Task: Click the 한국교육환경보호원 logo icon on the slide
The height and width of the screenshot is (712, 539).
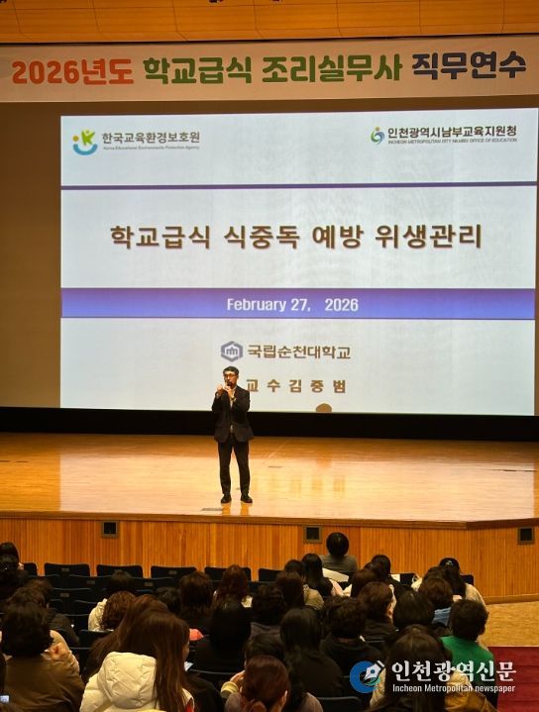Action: point(85,142)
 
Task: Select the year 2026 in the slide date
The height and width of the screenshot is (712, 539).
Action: point(341,304)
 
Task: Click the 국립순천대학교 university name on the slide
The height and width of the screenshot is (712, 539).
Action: point(298,351)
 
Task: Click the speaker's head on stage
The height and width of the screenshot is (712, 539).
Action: point(231,376)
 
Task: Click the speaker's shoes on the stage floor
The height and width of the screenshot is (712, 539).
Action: point(235,498)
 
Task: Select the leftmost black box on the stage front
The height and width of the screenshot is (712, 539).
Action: point(109,529)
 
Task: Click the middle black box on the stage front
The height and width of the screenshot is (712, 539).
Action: point(312,534)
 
